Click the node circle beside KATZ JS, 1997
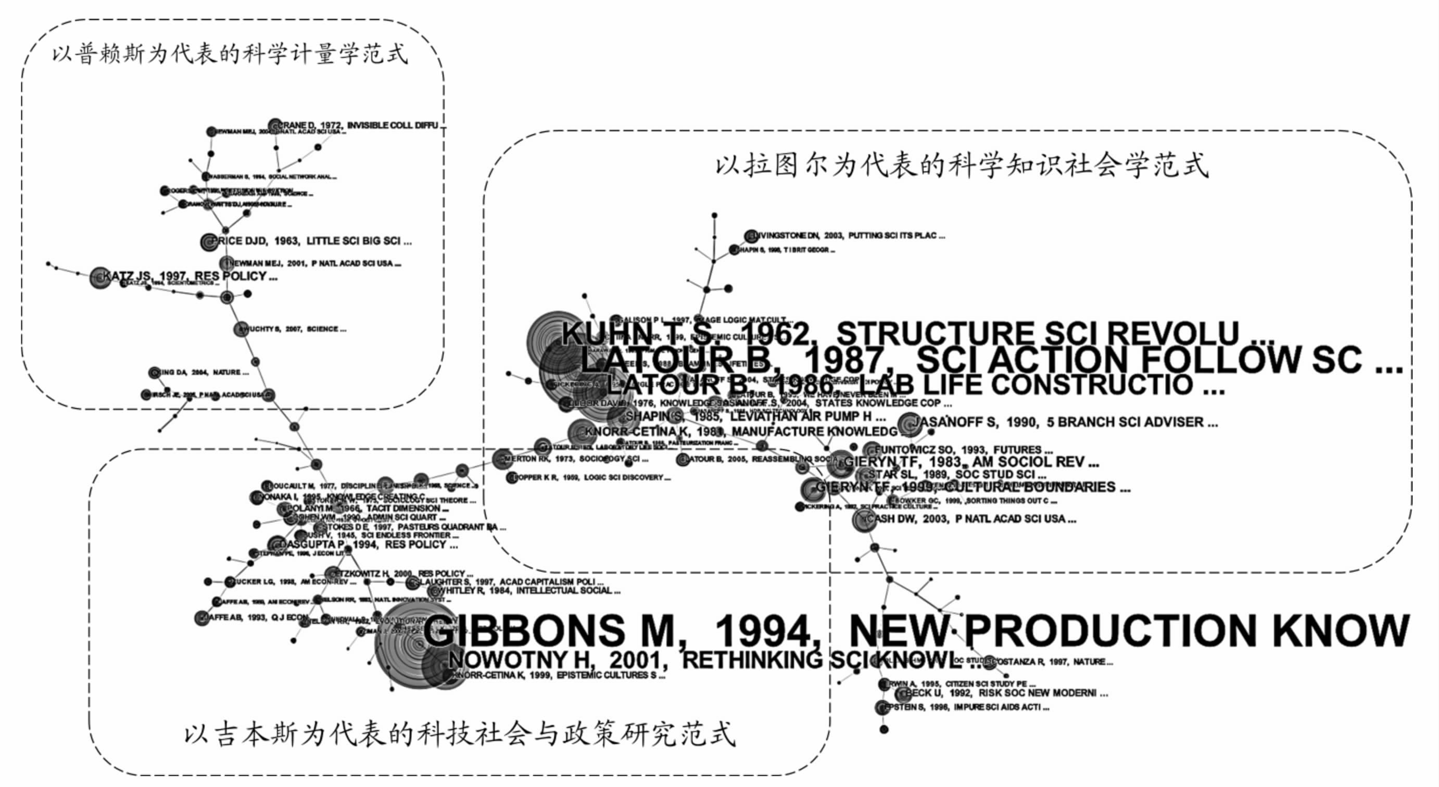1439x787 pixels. click(x=100, y=277)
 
